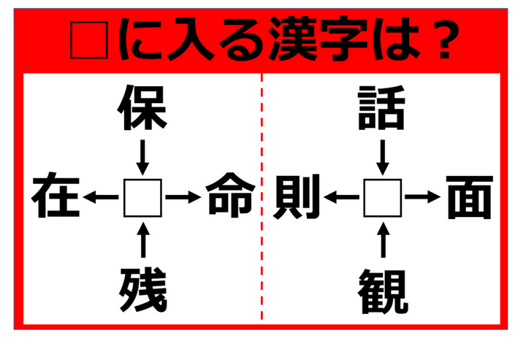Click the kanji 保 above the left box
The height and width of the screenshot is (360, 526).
point(142,108)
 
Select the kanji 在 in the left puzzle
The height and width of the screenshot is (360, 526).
point(56,195)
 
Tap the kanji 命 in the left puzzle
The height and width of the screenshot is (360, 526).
point(230,195)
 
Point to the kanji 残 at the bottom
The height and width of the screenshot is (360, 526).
point(143,290)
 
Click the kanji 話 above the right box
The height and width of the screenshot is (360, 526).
point(381,108)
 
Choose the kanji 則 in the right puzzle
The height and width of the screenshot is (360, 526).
point(297,196)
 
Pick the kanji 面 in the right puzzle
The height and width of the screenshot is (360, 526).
point(470,197)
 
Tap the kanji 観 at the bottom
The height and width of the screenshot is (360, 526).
point(383,291)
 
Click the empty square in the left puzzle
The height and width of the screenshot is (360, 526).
point(142,198)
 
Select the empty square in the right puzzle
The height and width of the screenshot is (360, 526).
point(382,198)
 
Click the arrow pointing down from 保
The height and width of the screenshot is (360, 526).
point(142,157)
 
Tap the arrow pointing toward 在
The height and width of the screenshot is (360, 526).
point(101,197)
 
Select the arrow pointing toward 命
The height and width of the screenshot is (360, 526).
point(183,197)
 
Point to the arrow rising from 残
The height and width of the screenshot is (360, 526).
point(144,240)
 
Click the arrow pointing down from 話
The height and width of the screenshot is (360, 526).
point(383,157)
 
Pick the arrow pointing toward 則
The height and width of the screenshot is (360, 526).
point(341,197)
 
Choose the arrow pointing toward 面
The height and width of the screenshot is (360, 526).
point(423,197)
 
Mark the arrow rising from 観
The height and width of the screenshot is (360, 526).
point(384,240)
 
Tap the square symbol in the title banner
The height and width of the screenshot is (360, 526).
point(89,40)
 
